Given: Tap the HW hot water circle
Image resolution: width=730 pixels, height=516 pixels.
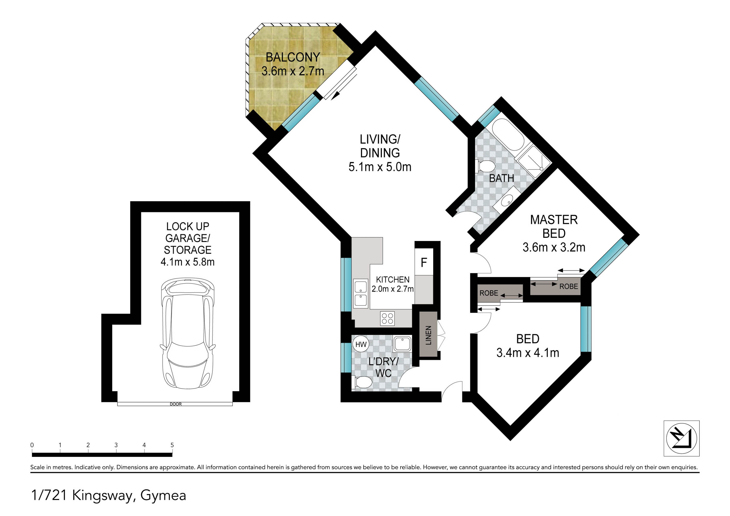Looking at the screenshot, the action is click(360, 344).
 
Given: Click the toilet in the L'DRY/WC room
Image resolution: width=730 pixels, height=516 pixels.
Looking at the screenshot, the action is click(362, 382).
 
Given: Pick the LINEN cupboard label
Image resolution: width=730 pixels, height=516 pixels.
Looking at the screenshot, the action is click(428, 335).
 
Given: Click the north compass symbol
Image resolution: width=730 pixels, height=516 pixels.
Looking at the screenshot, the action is click(681, 438).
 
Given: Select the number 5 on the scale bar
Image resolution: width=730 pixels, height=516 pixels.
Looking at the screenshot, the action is click(172, 445).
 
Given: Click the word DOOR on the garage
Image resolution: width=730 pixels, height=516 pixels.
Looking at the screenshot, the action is click(175, 404).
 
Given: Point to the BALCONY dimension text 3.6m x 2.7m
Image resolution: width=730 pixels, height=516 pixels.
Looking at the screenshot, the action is click(293, 71).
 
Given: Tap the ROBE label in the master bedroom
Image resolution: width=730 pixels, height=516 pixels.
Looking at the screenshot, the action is click(568, 286).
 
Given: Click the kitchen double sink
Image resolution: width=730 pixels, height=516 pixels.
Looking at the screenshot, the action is click(361, 294).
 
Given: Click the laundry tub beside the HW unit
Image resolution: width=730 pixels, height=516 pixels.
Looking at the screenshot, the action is click(402, 344).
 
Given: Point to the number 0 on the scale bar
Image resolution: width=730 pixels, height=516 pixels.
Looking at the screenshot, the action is click(32, 445).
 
